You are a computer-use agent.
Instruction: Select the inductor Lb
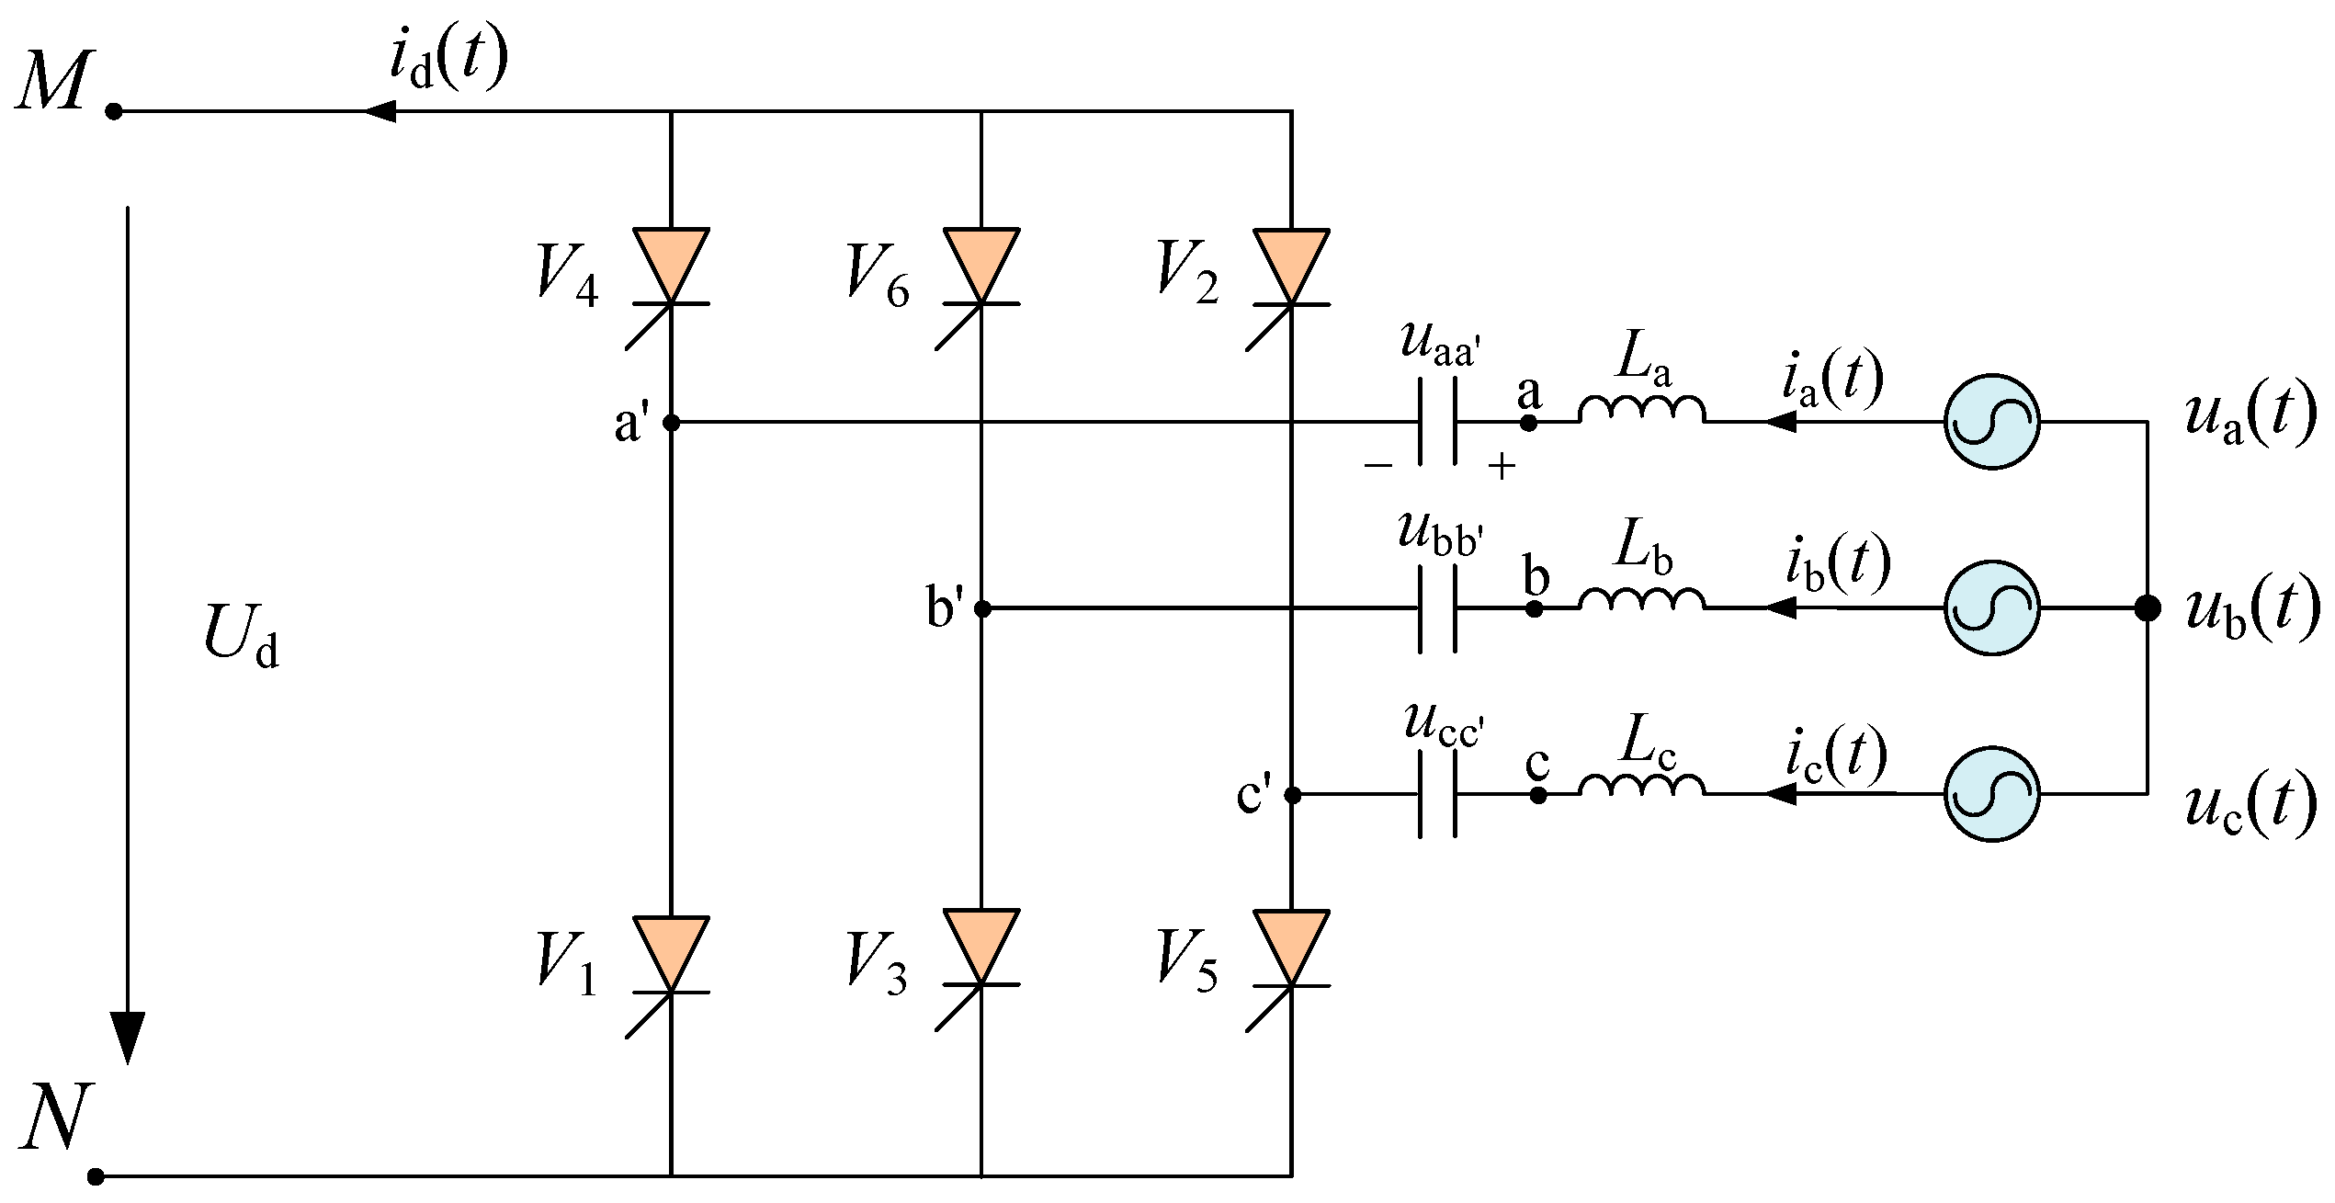tap(1641, 598)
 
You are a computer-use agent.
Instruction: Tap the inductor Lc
tap(1641, 785)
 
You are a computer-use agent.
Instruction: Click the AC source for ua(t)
tap(1991, 422)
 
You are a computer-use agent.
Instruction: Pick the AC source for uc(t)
tap(1991, 793)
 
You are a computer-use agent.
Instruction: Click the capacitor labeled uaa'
tap(1438, 422)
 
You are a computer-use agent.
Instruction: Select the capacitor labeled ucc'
tap(1438, 794)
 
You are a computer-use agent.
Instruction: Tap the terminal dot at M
tap(114, 112)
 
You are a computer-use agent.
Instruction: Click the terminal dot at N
tap(96, 1175)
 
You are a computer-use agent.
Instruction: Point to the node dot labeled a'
tap(671, 423)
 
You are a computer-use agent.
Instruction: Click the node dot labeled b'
tap(981, 608)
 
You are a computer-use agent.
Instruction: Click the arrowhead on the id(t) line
tap(379, 112)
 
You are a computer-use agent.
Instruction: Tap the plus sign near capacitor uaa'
tap(1502, 468)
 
